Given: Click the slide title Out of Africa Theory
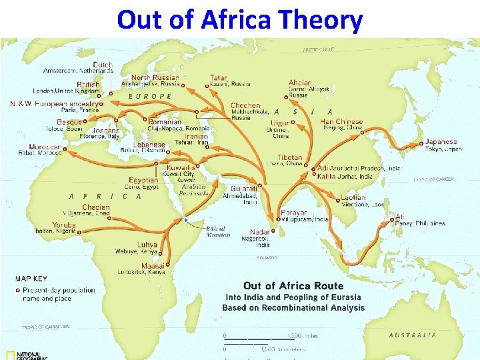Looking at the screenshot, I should click(240, 19).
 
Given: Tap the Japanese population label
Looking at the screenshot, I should click(441, 142).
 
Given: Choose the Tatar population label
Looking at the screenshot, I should click(218, 78).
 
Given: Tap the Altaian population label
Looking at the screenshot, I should click(300, 83).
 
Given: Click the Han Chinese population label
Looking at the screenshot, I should click(341, 122).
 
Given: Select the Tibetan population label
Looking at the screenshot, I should click(290, 158).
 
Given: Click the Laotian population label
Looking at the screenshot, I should click(353, 197).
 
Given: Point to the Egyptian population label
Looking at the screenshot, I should click(143, 180).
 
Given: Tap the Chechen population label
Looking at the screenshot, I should click(245, 105).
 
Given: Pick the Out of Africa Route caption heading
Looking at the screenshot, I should click(293, 286).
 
